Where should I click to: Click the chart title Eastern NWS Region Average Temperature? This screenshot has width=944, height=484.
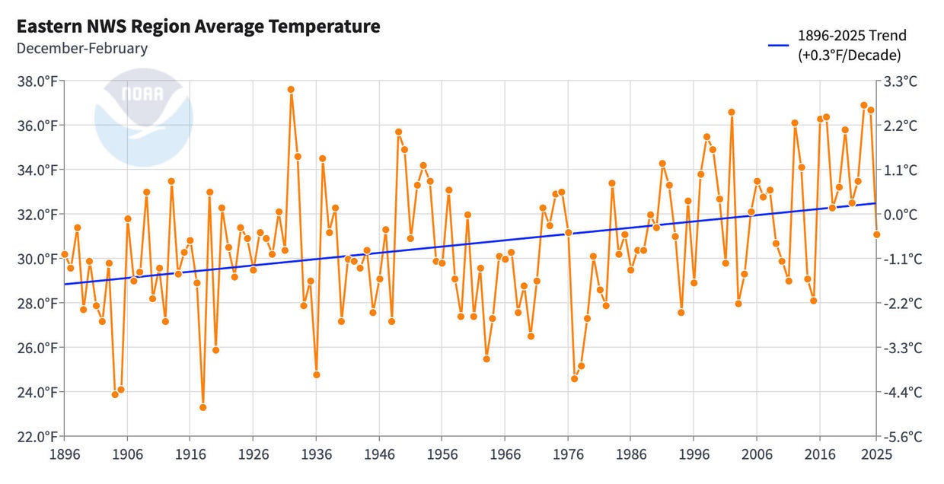pyautogui.click(x=198, y=27)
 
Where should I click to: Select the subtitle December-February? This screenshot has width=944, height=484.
pyautogui.click(x=81, y=49)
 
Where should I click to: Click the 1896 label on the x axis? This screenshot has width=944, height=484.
pyautogui.click(x=64, y=454)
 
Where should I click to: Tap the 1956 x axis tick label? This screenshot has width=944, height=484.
pyautogui.click(x=442, y=454)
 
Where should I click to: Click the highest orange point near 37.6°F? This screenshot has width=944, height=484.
pyautogui.click(x=291, y=89)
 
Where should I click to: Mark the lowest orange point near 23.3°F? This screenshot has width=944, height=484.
pyautogui.click(x=203, y=407)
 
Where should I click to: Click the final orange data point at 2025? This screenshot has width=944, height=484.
pyautogui.click(x=876, y=234)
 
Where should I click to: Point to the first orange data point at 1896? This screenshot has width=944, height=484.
pyautogui.click(x=65, y=254)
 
